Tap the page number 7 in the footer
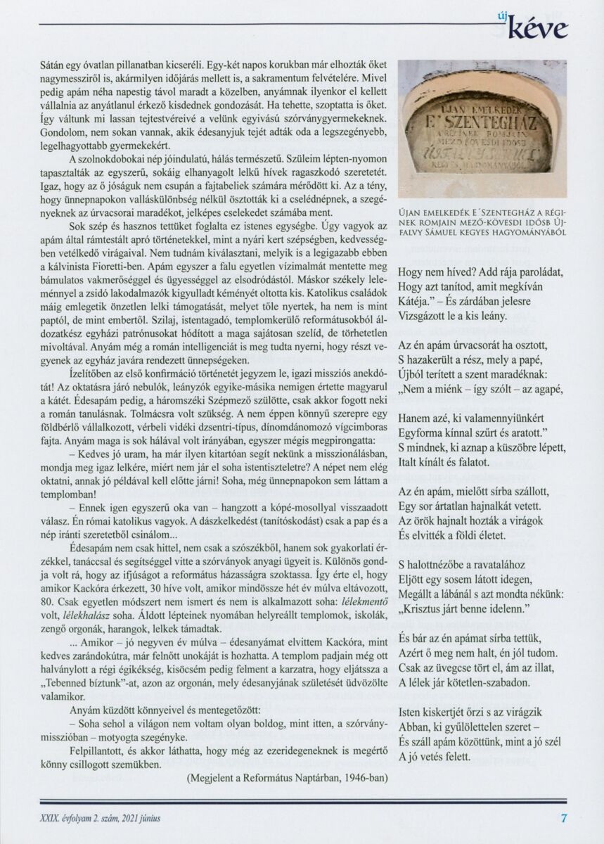pyautogui.click(x=563, y=817)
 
